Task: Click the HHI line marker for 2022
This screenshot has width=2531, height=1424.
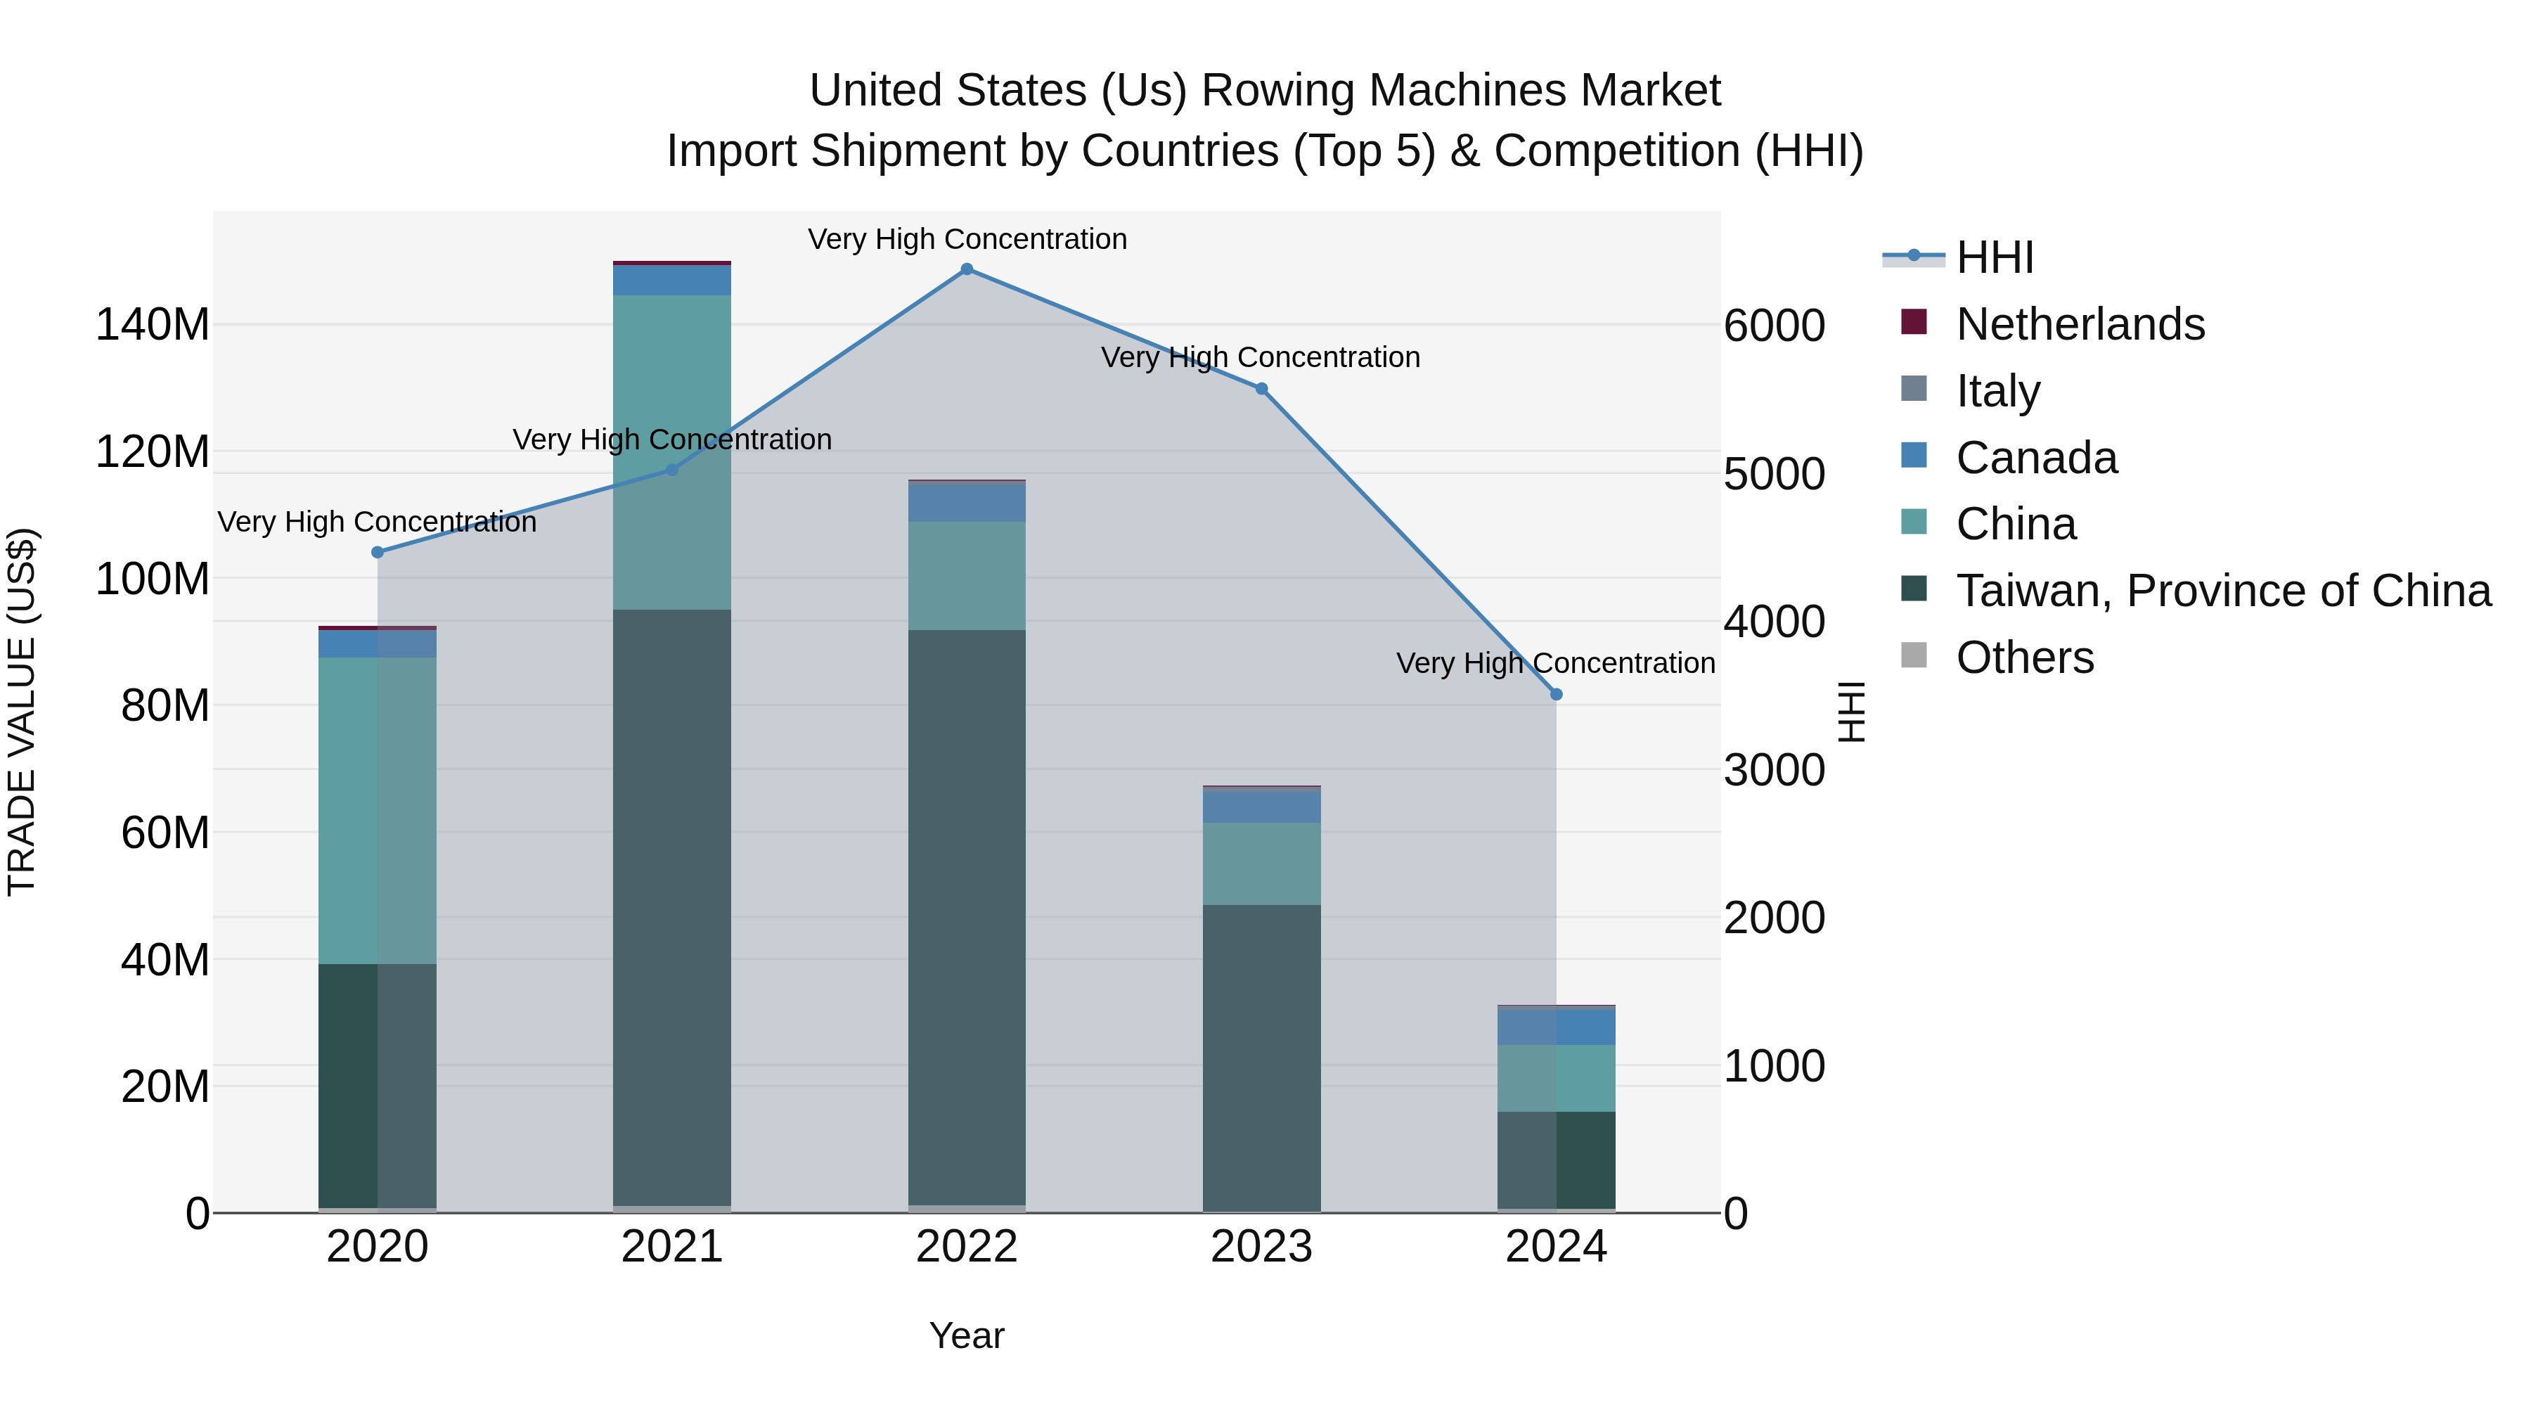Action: (967, 269)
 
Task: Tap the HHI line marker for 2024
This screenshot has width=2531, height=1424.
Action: (1557, 695)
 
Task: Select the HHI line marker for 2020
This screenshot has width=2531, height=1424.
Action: (378, 552)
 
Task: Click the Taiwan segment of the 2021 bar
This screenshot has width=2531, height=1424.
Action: (672, 904)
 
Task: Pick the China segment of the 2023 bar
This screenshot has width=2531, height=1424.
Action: (1261, 864)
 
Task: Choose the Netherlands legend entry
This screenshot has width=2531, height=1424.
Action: (2080, 324)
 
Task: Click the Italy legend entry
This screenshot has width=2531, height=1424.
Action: (1997, 391)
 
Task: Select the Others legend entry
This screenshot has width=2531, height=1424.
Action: (2024, 658)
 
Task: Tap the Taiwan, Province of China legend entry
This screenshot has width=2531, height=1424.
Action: (2222, 591)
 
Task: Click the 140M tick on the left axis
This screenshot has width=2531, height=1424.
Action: (153, 324)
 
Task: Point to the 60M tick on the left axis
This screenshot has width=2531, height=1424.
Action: (165, 833)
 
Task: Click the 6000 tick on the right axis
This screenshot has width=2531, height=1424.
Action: (1775, 326)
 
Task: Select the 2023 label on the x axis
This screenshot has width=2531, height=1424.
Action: (1261, 1247)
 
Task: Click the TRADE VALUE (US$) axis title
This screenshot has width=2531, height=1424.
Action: (22, 712)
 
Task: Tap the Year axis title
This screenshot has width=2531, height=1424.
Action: (967, 1335)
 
